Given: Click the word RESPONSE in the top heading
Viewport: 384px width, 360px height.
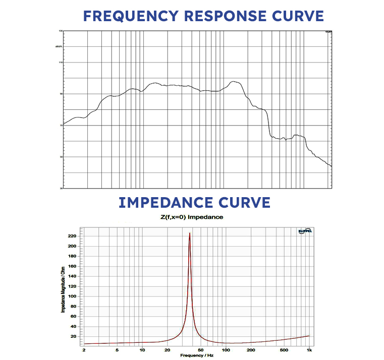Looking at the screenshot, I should (224, 16).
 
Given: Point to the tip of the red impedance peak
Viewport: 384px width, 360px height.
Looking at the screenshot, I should (189, 233).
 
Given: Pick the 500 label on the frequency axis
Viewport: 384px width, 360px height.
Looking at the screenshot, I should (284, 349).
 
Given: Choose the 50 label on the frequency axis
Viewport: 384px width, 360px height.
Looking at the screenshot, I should (201, 349).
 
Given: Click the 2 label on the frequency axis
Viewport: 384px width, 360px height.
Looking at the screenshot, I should (84, 349).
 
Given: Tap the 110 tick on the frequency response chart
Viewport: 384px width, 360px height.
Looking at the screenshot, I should (60, 63).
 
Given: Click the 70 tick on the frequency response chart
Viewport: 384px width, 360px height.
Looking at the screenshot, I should (61, 126).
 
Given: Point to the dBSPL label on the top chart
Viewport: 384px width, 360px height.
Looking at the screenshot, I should (59, 46).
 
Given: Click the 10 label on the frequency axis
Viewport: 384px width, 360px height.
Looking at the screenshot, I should (142, 349).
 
